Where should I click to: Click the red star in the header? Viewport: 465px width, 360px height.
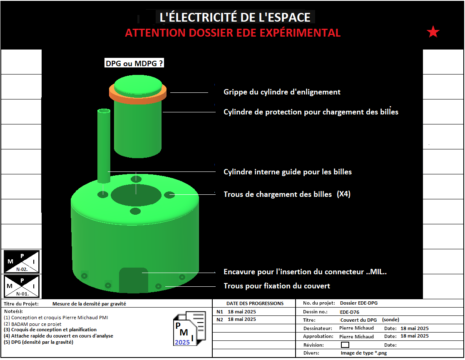(433, 32)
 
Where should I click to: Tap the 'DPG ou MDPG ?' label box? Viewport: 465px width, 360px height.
(134, 63)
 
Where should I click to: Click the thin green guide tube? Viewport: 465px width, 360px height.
(104, 146)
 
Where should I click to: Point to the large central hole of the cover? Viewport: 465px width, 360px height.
(136, 195)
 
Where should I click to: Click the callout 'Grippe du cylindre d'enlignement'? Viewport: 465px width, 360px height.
(282, 92)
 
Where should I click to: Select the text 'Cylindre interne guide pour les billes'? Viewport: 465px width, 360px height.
(287, 172)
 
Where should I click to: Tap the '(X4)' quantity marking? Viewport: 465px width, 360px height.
(343, 194)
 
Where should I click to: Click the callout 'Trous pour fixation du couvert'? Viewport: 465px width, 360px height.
(277, 286)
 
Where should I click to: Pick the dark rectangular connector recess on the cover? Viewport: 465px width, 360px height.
(134, 280)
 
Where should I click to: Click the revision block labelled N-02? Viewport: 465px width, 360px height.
(21, 261)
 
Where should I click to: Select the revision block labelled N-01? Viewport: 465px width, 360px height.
(21, 286)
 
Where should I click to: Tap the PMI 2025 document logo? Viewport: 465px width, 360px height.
(189, 328)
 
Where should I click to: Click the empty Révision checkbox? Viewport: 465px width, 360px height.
(345, 345)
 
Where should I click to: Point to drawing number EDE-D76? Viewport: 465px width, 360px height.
(350, 312)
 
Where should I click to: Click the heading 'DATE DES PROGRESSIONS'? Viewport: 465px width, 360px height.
(255, 303)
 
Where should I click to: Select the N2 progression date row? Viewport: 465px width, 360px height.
(236, 319)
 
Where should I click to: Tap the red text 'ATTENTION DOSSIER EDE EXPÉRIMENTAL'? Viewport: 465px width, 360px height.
(233, 32)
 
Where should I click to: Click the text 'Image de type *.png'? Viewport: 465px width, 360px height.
(363, 353)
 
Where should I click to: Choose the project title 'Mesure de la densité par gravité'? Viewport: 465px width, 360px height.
(89, 304)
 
